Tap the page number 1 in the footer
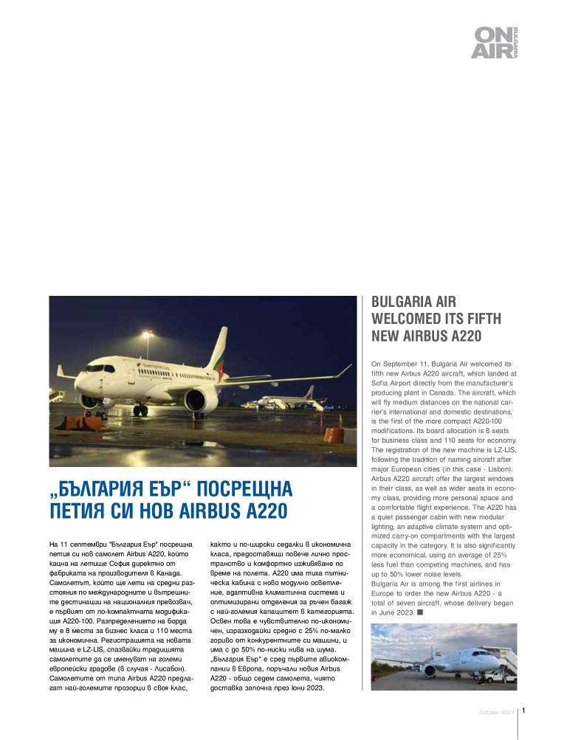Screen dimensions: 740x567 [523, 711]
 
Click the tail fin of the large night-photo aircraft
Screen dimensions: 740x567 [219, 349]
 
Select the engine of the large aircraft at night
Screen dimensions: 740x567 [202, 399]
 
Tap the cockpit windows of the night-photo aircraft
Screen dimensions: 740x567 [93, 369]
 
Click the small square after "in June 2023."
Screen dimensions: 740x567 [419, 612]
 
